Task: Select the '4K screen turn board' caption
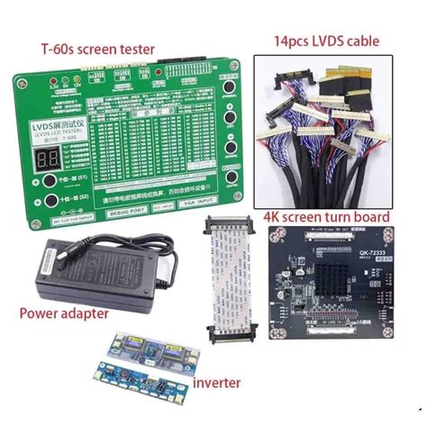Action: click(325, 217)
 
